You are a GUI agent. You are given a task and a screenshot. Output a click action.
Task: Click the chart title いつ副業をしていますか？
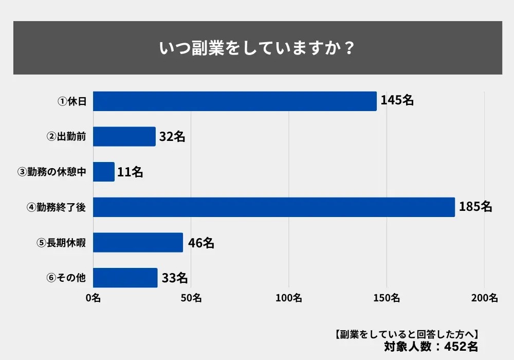coord(257,48)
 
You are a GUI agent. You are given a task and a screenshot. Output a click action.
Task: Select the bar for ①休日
coord(234,101)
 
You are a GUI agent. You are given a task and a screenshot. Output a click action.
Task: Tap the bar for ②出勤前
coord(124,136)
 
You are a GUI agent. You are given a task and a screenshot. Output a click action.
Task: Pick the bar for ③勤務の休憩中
coord(104,172)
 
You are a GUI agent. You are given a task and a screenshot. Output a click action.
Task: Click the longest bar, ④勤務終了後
coord(273,207)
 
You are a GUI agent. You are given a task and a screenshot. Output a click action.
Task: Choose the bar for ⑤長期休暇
coord(138,242)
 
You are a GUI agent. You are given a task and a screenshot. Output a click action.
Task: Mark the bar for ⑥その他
coord(125,278)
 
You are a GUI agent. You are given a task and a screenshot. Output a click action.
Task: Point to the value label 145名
coord(397,101)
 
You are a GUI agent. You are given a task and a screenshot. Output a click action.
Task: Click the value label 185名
coord(475,207)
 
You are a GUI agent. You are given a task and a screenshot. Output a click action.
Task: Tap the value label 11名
coord(130,172)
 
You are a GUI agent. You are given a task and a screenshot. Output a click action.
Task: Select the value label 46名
coord(200,243)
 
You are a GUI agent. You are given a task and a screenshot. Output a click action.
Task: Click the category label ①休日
coord(71,102)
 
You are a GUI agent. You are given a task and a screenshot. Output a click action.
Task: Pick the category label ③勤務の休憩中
coord(51,172)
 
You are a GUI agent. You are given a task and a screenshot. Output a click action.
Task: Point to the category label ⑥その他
coord(66,278)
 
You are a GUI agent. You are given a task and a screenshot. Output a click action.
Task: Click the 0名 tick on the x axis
coord(93,298)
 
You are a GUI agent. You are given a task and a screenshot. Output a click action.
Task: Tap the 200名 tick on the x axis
coord(484,298)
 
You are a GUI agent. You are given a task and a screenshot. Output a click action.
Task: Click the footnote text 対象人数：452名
coord(431,346)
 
